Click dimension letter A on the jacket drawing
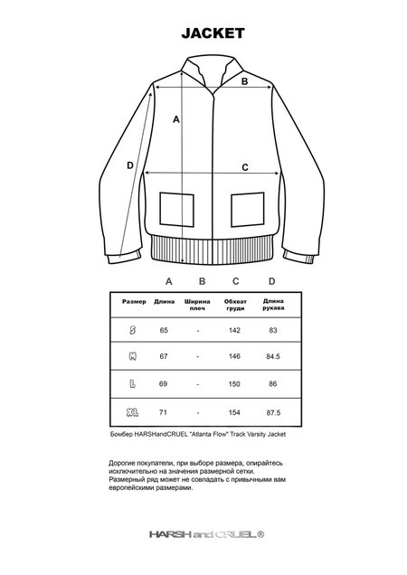click(177, 119)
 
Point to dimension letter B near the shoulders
click(243, 80)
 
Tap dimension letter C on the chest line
click(245, 166)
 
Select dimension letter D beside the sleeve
click(130, 165)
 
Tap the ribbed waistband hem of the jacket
click(210, 248)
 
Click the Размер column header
click(134, 301)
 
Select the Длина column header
click(165, 301)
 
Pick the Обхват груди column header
click(235, 304)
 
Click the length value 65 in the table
click(165, 330)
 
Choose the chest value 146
click(235, 357)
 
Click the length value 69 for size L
click(165, 384)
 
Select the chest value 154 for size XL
click(235, 411)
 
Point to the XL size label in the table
click(134, 411)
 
